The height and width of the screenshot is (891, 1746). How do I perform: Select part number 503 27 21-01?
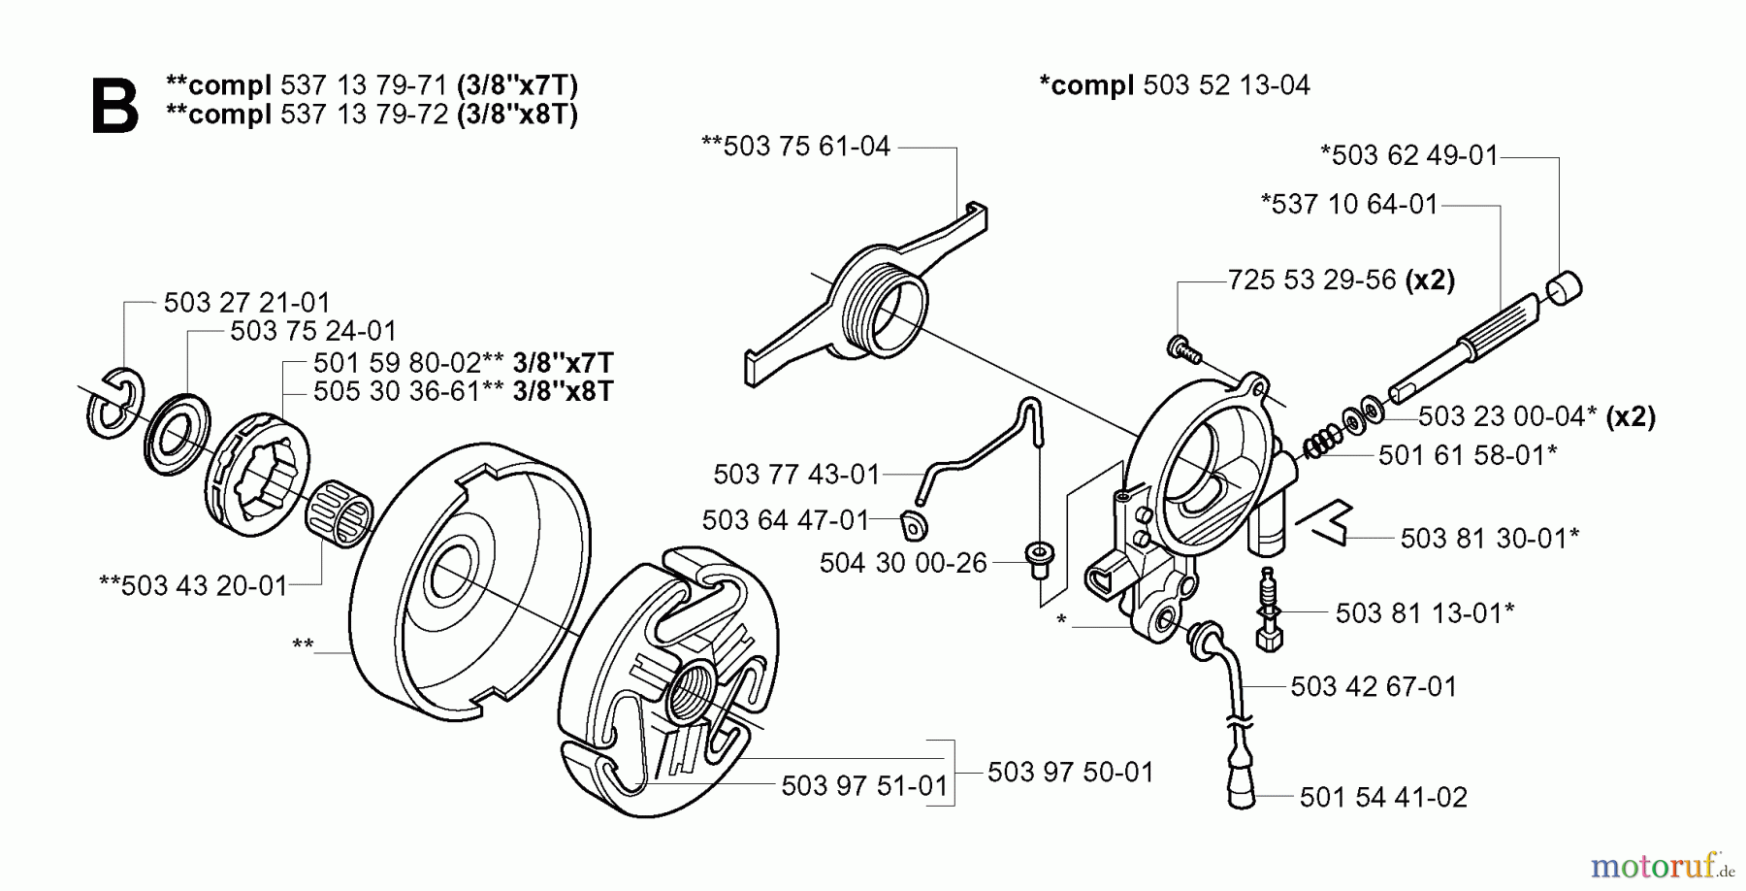click(246, 303)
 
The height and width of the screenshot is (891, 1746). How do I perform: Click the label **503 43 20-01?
click(194, 586)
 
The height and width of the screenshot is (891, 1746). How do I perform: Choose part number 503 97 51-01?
click(863, 785)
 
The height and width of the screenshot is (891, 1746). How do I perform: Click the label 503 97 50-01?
click(1070, 773)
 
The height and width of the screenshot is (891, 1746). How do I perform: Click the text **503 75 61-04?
click(795, 147)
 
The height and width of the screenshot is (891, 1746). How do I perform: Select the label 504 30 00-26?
click(902, 564)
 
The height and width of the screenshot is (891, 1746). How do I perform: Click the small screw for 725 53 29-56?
click(1182, 346)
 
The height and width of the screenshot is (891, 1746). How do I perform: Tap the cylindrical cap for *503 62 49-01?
click(1562, 288)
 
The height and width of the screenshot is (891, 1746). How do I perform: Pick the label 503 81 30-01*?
click(1489, 539)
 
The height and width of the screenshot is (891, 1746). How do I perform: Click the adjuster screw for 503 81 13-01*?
click(1268, 610)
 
